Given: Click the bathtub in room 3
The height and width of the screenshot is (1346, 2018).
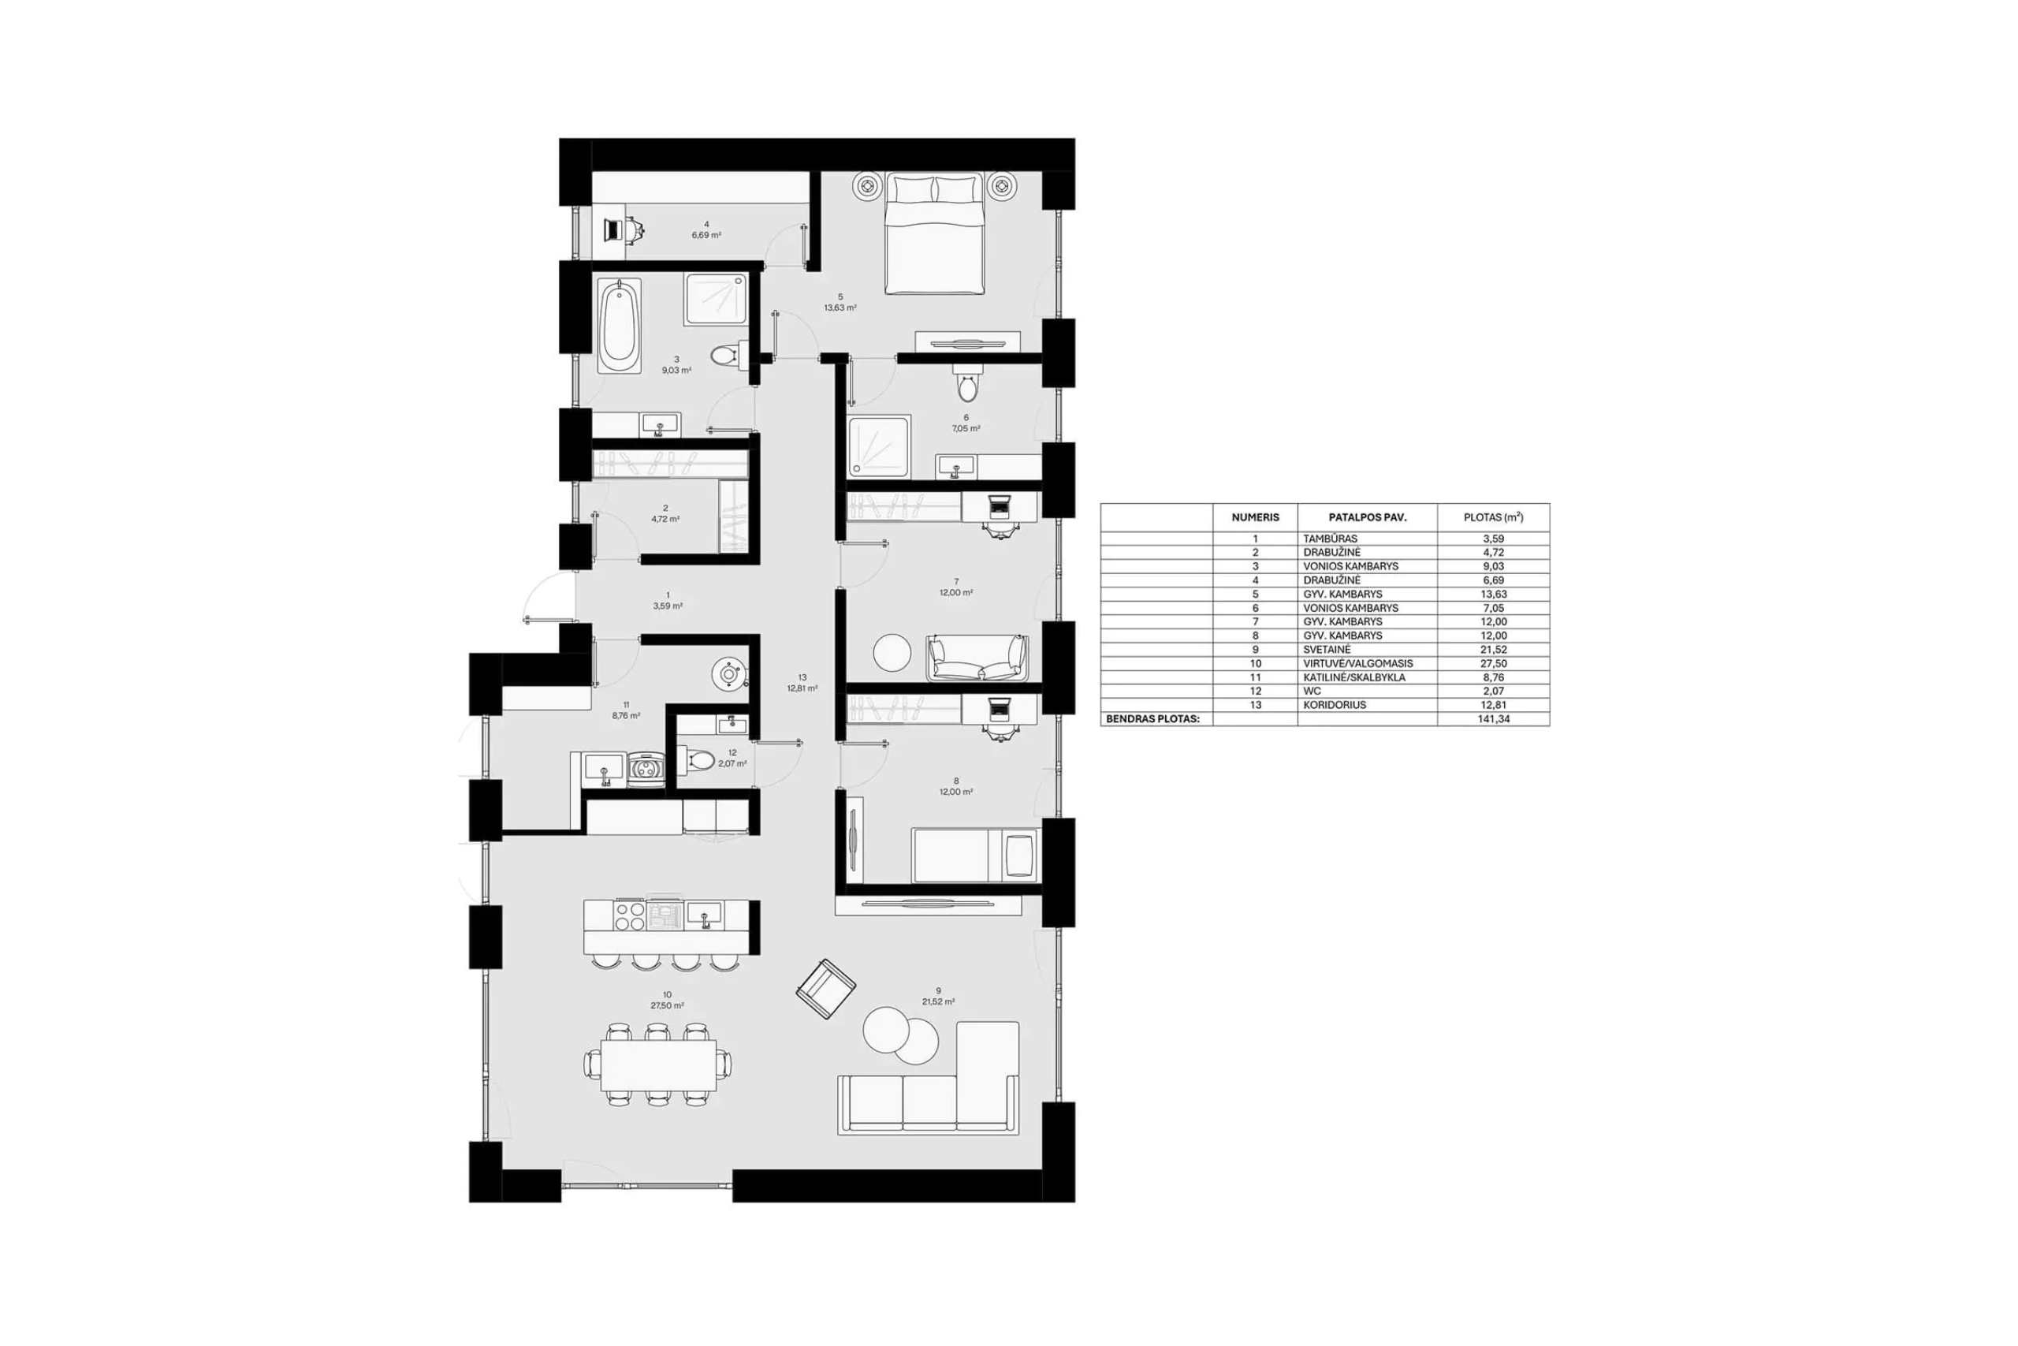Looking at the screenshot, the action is tap(618, 325).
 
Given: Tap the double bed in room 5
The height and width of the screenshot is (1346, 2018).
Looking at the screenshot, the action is tap(934, 233).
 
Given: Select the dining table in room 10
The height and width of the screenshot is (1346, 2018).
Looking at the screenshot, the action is tap(658, 1064).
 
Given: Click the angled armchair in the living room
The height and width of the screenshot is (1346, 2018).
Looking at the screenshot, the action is tap(825, 988).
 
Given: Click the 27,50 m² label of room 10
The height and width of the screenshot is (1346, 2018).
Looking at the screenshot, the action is tap(667, 1005).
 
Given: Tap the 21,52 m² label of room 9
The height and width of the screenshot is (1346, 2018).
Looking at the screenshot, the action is tap(938, 1001).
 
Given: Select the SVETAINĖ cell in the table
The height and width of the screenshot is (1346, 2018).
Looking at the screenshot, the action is tap(1327, 650).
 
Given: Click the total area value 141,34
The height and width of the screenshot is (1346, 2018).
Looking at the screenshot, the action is tap(1493, 719).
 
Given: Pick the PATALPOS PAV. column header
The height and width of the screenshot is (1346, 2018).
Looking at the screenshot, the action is tap(1368, 517).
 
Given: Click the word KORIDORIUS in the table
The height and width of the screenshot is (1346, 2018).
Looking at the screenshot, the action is tap(1336, 705).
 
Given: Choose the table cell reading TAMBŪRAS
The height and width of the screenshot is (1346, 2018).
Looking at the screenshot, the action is tap(1330, 539).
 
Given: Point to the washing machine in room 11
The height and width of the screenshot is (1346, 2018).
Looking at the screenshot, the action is tap(646, 769).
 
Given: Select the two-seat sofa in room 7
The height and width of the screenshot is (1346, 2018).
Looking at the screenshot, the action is tap(977, 658).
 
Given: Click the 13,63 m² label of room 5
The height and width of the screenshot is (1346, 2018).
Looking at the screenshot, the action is tap(840, 308).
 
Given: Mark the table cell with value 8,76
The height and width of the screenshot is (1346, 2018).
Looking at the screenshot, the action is tap(1493, 677).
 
